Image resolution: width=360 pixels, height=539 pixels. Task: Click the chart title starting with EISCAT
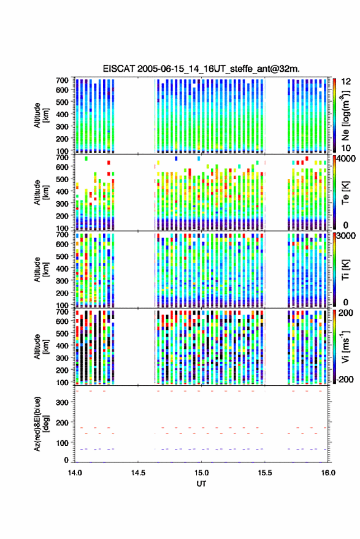point(201,69)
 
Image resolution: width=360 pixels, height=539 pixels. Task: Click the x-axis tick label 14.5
point(138,473)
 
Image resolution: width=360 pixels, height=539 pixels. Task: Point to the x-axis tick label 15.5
point(264,473)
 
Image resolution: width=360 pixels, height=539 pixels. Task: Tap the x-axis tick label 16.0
point(328,473)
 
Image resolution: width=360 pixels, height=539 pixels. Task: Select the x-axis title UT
point(201,484)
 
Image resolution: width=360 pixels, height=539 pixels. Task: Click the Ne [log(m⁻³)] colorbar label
point(345,115)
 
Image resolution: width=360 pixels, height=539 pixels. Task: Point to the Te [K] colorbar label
point(345,193)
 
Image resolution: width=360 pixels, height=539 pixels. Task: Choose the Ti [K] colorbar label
point(345,270)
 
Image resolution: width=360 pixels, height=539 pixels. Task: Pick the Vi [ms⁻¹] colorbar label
point(345,346)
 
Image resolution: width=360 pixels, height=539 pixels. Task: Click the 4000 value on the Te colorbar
point(347,159)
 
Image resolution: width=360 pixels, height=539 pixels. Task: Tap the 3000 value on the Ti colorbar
point(347,236)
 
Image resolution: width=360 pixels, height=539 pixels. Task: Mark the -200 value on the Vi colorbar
point(345,380)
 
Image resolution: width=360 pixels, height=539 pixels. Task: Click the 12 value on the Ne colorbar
point(346,82)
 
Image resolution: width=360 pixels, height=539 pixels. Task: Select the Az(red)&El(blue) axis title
point(41,424)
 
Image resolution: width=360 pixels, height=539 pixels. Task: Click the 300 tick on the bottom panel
point(62,402)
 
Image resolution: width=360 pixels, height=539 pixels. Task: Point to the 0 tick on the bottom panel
point(66,460)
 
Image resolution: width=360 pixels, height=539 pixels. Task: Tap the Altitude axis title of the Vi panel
point(41,346)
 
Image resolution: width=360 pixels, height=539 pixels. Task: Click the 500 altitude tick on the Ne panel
point(62,102)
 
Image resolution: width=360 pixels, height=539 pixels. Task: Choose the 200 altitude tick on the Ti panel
point(62,293)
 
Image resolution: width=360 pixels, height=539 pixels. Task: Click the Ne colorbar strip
point(334,115)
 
